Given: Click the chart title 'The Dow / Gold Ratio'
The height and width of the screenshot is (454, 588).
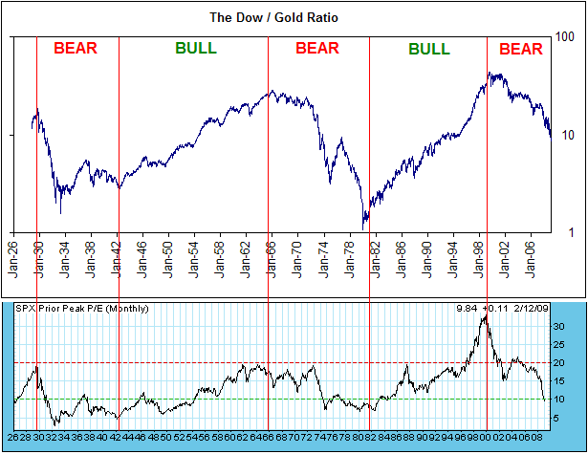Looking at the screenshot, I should pyautogui.click(x=276, y=17).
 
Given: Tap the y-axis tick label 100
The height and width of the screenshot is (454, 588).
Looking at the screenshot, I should pyautogui.click(x=566, y=37).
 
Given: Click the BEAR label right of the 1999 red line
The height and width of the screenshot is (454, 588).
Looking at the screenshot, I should pyautogui.click(x=521, y=49).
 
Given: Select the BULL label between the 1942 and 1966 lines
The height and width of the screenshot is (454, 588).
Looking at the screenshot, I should pyautogui.click(x=196, y=49).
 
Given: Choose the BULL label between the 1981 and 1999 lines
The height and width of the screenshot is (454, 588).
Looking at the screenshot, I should pyautogui.click(x=429, y=49).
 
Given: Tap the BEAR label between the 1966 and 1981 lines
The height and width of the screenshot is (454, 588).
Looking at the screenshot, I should pyautogui.click(x=317, y=49).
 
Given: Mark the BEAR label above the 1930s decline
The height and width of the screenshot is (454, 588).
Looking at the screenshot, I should pyautogui.click(x=76, y=49).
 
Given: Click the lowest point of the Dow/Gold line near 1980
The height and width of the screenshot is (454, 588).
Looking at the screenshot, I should pyautogui.click(x=364, y=227).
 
